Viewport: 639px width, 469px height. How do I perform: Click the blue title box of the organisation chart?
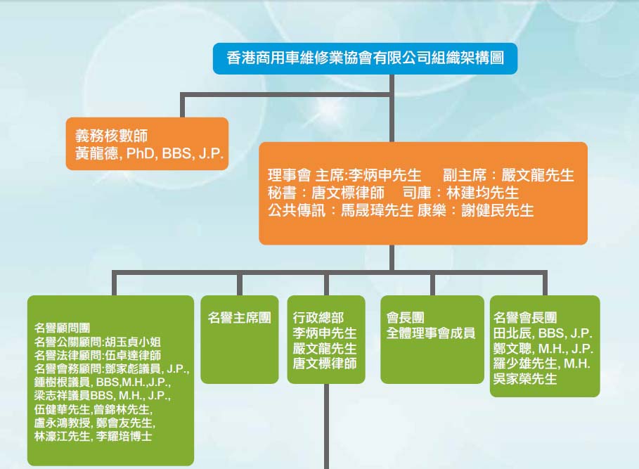365,58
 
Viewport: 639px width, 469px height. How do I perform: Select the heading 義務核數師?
111,136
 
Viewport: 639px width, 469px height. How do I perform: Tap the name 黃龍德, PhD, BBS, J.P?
149,153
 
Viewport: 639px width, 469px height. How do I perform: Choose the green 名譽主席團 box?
240,340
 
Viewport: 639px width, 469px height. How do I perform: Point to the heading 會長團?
405,317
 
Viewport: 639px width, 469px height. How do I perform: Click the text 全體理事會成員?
430,333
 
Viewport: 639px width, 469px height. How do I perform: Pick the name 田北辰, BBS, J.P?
543,333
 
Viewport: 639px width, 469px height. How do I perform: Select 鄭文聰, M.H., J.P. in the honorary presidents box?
543,348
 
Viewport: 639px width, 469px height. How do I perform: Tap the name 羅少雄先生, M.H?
541,364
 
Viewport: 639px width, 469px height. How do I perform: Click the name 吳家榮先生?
525,379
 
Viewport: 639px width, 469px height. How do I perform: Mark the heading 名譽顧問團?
62,328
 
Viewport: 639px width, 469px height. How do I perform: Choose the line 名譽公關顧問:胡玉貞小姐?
98,342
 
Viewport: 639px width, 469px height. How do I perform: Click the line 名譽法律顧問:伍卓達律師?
98,355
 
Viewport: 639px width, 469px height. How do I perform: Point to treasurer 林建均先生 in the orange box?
482,193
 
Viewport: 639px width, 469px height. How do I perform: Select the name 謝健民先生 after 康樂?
498,211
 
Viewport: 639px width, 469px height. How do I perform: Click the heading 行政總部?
318,318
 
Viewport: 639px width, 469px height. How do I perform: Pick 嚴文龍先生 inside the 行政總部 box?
324,348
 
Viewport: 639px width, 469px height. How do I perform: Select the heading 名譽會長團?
525,318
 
